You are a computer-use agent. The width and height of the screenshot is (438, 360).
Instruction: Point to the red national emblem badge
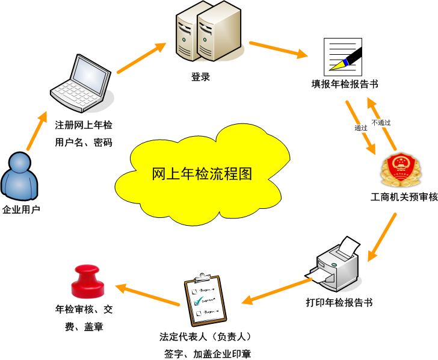click(x=399, y=170)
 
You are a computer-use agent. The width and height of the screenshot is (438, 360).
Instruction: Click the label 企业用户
click(x=21, y=210)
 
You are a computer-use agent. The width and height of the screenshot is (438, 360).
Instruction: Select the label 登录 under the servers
click(x=200, y=77)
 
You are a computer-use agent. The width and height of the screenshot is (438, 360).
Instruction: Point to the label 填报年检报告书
click(x=341, y=84)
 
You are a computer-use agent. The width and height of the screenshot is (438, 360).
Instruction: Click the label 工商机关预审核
click(x=404, y=197)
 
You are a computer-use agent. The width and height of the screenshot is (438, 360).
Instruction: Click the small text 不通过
click(x=381, y=122)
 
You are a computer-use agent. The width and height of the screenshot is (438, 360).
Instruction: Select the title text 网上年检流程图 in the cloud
click(x=202, y=175)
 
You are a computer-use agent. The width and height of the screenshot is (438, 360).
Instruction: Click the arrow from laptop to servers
click(x=141, y=58)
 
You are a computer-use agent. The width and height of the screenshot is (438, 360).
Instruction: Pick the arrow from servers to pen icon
click(x=277, y=49)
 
